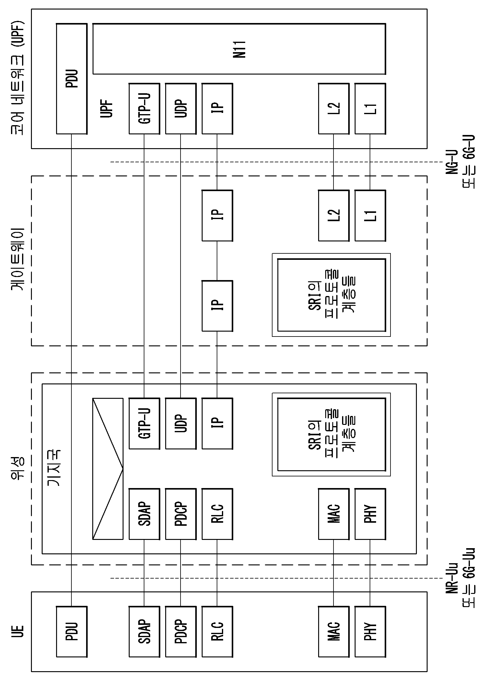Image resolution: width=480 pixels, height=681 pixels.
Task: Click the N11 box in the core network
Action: (239, 49)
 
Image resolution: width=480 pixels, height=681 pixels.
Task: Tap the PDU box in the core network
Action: (72, 79)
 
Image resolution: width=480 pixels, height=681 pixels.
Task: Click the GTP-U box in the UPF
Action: (144, 109)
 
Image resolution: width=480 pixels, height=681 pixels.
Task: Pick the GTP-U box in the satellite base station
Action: (144, 424)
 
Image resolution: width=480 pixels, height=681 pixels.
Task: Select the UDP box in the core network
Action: (181, 109)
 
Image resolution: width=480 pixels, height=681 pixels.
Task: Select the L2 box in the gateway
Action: (333, 215)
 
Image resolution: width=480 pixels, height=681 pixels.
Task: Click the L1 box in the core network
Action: (370, 109)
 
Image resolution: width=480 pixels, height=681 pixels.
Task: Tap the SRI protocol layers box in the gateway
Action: (331, 295)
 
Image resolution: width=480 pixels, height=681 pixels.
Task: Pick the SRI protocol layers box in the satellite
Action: (331, 434)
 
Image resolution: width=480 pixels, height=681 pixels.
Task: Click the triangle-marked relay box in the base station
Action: (108, 469)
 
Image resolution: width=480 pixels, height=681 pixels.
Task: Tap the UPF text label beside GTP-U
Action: (107, 109)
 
